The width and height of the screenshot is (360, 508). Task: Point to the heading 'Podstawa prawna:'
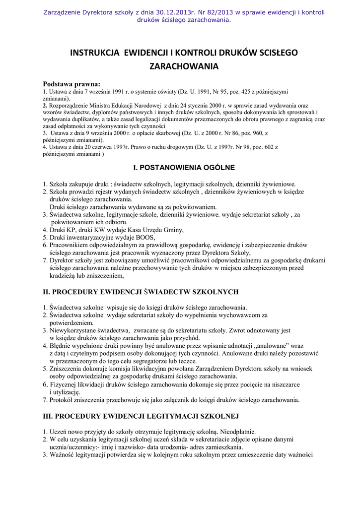coord(72,84)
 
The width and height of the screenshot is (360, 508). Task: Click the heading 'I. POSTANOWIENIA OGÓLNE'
coord(180,168)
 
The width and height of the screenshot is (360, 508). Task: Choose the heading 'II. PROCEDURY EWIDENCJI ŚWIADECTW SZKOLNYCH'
coord(141,292)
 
